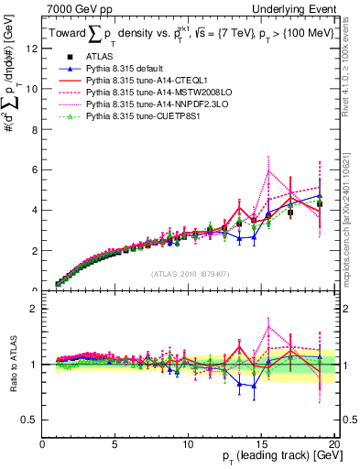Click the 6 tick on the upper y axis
pos(36,170)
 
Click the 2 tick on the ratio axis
pos(36,309)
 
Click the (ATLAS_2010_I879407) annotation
pos(190,273)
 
